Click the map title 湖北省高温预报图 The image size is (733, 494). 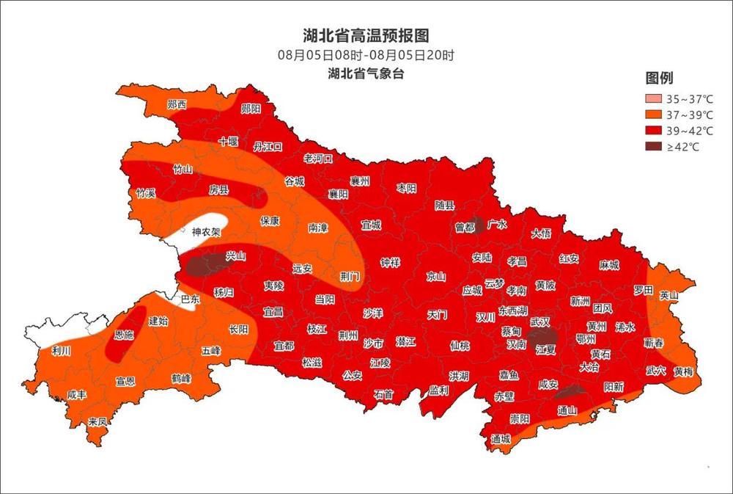(x=366, y=35)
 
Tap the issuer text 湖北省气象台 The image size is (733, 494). (x=366, y=73)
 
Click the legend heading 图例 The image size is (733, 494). (x=659, y=79)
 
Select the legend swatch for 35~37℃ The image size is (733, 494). (x=652, y=99)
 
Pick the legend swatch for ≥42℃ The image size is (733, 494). (x=652, y=147)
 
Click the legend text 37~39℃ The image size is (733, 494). (x=689, y=115)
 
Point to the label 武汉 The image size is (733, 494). (x=539, y=321)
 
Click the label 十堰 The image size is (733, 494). (x=228, y=142)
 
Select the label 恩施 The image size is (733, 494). (x=124, y=335)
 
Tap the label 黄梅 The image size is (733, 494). (x=682, y=371)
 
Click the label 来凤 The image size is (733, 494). (x=97, y=421)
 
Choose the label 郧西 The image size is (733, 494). (x=177, y=104)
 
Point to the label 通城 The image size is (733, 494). (x=501, y=438)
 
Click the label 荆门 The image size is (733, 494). (x=350, y=276)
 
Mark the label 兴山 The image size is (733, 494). (x=235, y=255)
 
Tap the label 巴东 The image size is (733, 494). (x=190, y=299)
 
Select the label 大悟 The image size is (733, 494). (x=541, y=233)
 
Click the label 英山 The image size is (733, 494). (x=668, y=295)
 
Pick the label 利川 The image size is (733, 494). (x=62, y=351)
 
